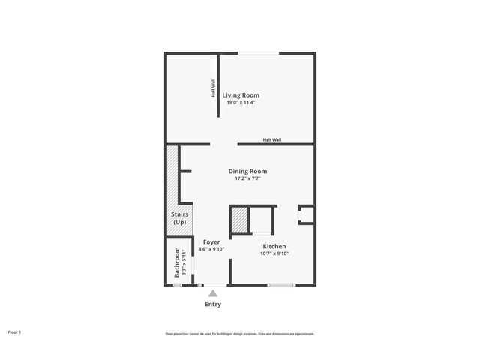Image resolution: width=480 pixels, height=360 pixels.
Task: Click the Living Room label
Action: pyautogui.click(x=241, y=95)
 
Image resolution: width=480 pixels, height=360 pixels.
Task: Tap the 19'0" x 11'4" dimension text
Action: pyautogui.click(x=241, y=102)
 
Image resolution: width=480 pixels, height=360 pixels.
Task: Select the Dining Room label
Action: pyautogui.click(x=247, y=172)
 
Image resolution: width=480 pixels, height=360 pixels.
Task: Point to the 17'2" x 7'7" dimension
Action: pyautogui.click(x=247, y=178)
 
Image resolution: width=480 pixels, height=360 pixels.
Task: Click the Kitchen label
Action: pyautogui.click(x=274, y=247)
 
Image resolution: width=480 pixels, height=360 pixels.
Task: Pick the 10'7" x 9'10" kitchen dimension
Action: pyautogui.click(x=274, y=253)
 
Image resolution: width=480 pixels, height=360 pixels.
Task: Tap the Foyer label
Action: pyautogui.click(x=211, y=241)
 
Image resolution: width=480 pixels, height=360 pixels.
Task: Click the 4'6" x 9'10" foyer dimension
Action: pyautogui.click(x=211, y=248)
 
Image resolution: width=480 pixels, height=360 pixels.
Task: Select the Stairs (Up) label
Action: pyautogui.click(x=179, y=218)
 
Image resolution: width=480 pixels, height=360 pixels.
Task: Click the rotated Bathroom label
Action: pyautogui.click(x=178, y=262)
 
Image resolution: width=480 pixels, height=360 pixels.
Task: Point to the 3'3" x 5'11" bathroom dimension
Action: pyautogui.click(x=184, y=262)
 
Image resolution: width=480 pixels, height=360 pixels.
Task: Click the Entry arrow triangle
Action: pyautogui.click(x=213, y=293)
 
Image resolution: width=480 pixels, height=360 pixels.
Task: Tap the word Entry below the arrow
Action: pyautogui.click(x=213, y=304)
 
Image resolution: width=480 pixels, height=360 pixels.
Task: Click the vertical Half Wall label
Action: pyautogui.click(x=213, y=88)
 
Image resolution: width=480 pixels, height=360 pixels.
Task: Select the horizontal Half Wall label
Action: pyautogui.click(x=272, y=139)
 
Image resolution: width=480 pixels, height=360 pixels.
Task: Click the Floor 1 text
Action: pyautogui.click(x=15, y=331)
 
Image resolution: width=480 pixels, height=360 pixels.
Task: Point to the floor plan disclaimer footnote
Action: pyautogui.click(x=239, y=334)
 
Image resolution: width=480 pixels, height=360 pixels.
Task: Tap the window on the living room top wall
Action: pyautogui.click(x=257, y=52)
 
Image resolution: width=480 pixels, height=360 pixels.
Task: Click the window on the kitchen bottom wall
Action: pyautogui.click(x=281, y=285)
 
